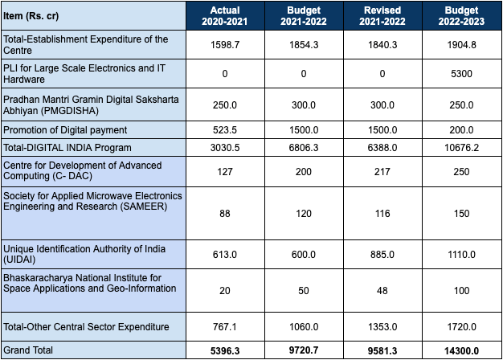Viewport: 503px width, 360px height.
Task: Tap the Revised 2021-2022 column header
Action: [x=382, y=15]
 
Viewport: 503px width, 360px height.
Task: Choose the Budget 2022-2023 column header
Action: [x=460, y=15]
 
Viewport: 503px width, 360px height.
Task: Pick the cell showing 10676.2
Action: [x=460, y=147]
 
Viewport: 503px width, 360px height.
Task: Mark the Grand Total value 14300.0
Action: [x=460, y=351]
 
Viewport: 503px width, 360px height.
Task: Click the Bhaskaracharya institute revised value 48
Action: [x=382, y=288]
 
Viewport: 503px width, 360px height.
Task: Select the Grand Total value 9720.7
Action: [x=303, y=351]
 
